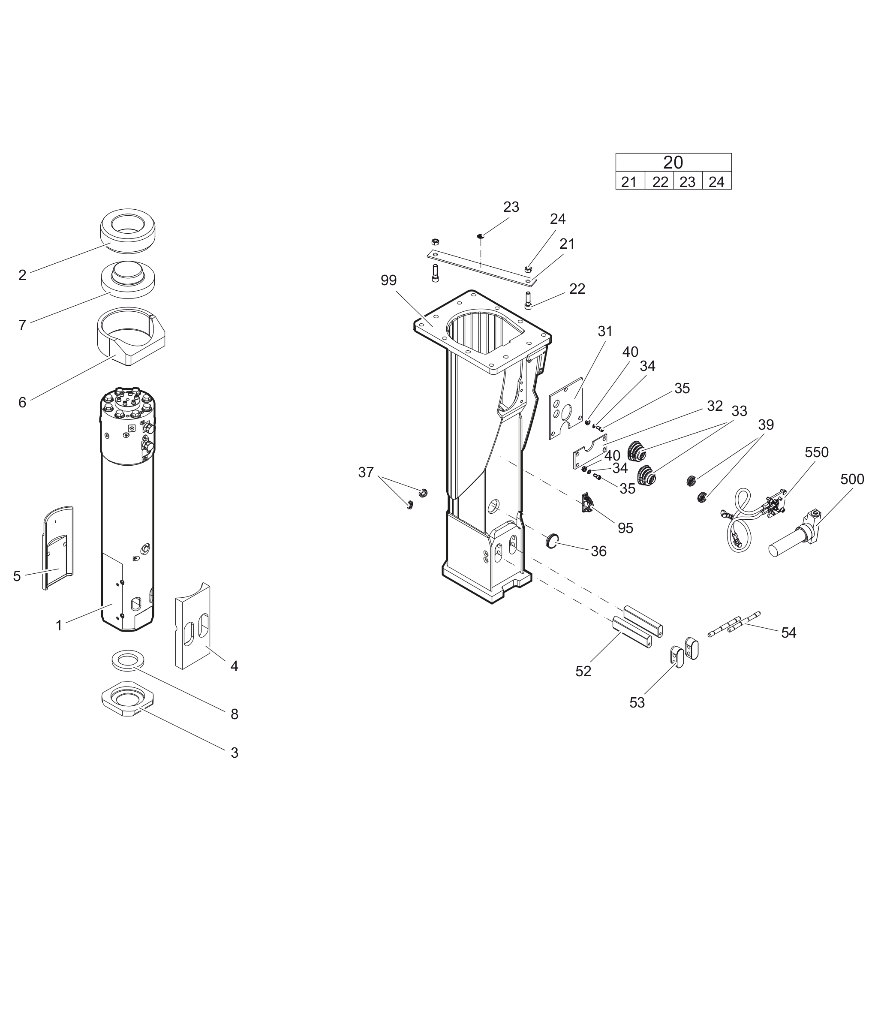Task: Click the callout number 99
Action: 388,281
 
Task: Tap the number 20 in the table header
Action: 673,162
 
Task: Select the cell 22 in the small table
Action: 659,182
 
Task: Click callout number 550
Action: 816,452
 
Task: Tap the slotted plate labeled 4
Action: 192,627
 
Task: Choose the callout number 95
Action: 625,528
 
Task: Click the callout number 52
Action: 583,672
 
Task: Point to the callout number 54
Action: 788,633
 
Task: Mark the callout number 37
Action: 366,473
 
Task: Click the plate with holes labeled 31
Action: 566,408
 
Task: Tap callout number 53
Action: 637,703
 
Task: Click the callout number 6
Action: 22,402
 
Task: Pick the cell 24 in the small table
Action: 716,182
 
